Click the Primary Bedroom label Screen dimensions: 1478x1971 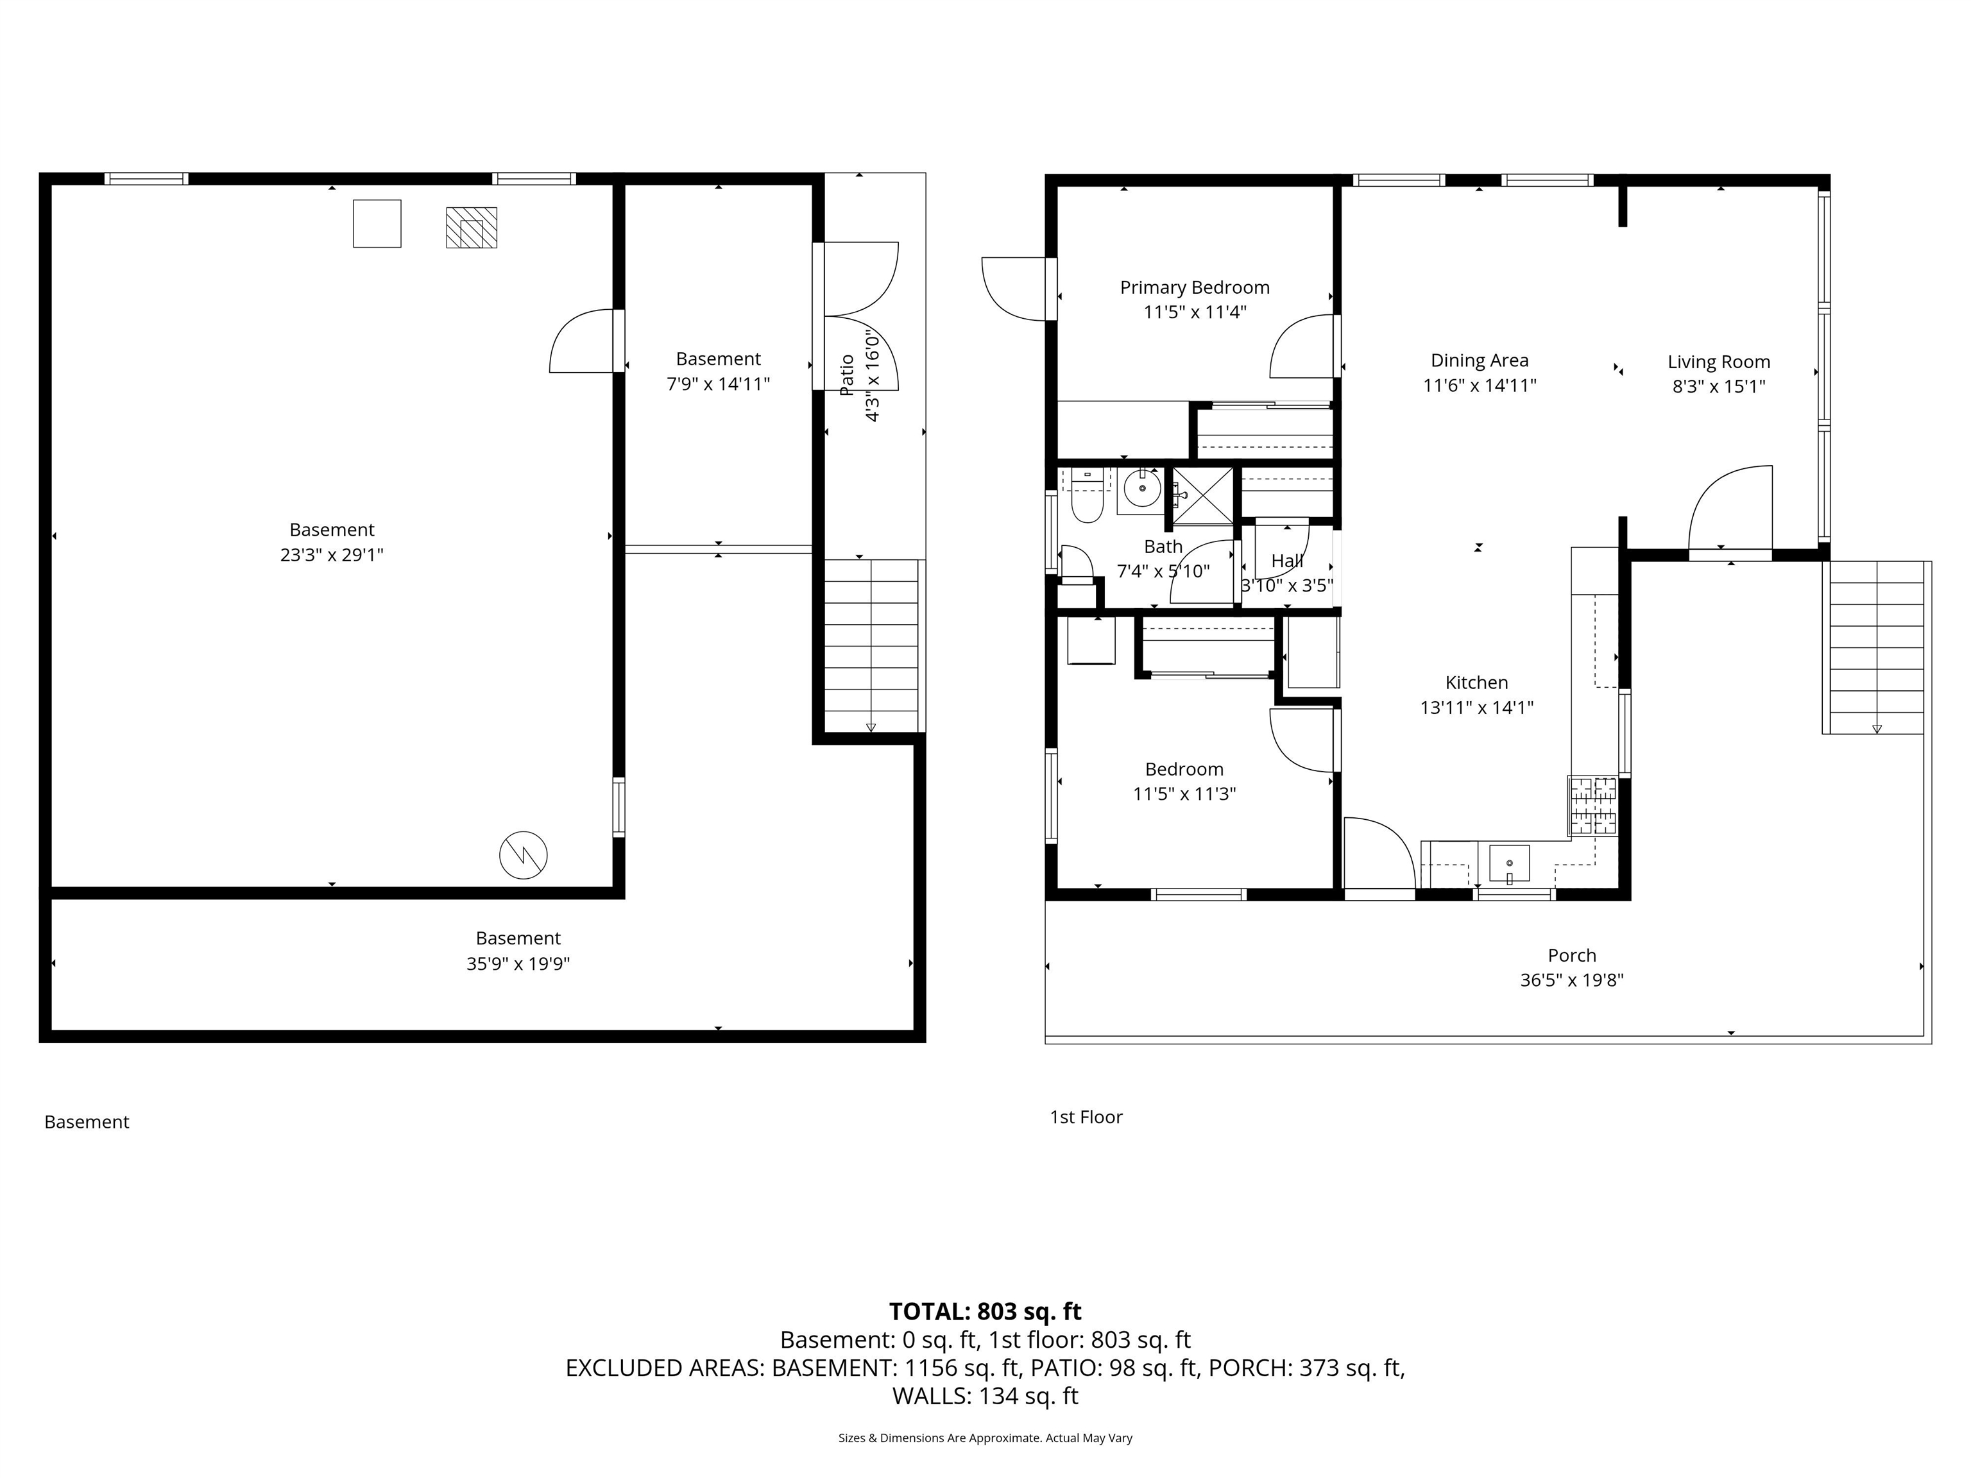tap(1194, 287)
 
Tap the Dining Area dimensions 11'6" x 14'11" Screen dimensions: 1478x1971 tap(1479, 386)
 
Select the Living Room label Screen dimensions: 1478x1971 tap(1718, 362)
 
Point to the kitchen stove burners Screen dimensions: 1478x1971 tap(1592, 805)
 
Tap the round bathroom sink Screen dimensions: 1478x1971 tap(1141, 488)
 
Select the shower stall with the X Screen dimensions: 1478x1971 tap(1202, 495)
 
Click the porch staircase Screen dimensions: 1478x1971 tap(1875, 646)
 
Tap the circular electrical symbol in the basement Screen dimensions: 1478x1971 tap(523, 855)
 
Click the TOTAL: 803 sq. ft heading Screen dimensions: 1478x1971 tap(985, 1311)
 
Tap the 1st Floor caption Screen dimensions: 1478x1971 tap(1086, 1117)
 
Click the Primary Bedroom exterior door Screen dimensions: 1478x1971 tap(1016, 289)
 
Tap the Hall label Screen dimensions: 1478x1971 tap(1286, 561)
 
